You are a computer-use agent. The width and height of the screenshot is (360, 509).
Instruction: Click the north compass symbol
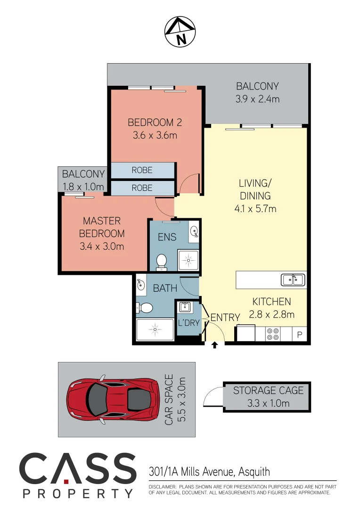pos(180,32)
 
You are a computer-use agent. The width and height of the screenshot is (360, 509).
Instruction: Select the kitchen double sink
pos(293,280)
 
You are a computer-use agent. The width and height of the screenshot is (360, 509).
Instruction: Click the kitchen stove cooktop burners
pos(272,334)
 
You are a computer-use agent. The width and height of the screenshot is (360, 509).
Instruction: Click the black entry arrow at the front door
pos(214,345)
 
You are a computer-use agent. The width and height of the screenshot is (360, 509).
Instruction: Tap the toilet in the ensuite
pos(162,262)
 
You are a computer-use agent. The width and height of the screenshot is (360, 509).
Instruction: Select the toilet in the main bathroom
pos(145,308)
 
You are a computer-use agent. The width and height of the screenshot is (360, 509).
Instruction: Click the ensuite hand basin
pos(194,231)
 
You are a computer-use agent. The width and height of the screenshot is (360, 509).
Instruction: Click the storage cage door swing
pos(212,397)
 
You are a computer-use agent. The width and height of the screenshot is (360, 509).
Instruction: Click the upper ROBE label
pos(142,170)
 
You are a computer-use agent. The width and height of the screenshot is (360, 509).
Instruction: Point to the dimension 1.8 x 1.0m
pos(83,187)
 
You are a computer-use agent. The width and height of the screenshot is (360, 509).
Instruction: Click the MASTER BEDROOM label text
pos(102,227)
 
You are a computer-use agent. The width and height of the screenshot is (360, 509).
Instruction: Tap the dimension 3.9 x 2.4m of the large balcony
pos(257,99)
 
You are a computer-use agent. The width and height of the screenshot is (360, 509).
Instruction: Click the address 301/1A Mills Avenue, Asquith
pos(209,471)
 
